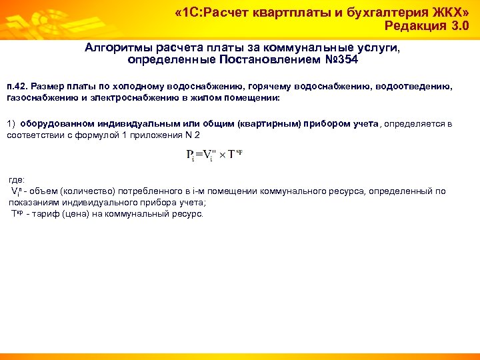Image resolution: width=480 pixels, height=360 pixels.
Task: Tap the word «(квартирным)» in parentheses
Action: [x=267, y=123]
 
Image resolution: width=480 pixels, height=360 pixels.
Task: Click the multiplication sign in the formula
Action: [x=222, y=155]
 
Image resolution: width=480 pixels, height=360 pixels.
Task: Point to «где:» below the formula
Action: [x=16, y=180]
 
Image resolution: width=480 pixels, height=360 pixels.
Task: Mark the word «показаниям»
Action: [x=34, y=201]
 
